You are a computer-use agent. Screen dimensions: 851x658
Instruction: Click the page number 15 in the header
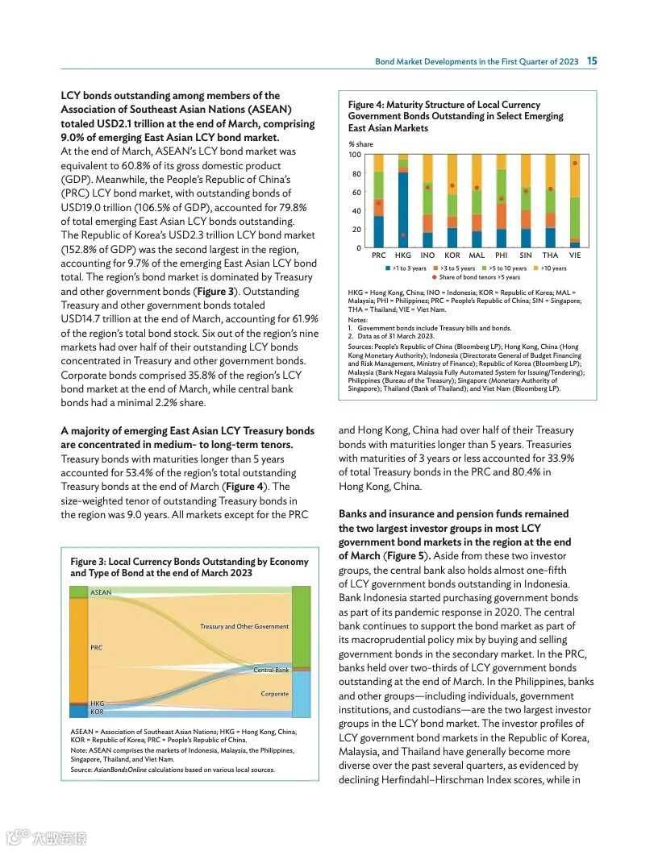pyautogui.click(x=592, y=61)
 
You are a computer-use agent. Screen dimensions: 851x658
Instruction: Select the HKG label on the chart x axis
pyautogui.click(x=403, y=255)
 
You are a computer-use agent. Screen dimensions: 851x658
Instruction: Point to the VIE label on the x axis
pyautogui.click(x=575, y=255)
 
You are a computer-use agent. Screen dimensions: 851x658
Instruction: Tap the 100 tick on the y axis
pyautogui.click(x=356, y=154)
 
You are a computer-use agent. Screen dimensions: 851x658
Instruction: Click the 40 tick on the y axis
pyautogui.click(x=356, y=211)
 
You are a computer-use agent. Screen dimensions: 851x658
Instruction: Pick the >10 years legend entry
pyautogui.click(x=551, y=268)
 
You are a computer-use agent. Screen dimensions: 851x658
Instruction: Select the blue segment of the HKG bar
pyautogui.click(x=403, y=210)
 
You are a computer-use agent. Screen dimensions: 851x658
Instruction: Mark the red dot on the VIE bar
pyautogui.click(x=575, y=163)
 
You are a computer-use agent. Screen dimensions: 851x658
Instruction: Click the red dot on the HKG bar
pyautogui.click(x=403, y=235)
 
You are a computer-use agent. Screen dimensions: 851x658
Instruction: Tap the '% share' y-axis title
pyautogui.click(x=360, y=143)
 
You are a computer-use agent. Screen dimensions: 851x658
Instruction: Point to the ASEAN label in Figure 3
pyautogui.click(x=101, y=592)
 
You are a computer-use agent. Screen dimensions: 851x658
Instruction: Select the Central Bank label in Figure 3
pyautogui.click(x=271, y=670)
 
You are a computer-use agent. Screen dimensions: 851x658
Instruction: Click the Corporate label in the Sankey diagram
pyautogui.click(x=274, y=694)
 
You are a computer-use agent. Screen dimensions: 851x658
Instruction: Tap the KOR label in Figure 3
pyautogui.click(x=97, y=712)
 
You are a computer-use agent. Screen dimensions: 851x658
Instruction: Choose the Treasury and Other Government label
pyautogui.click(x=244, y=626)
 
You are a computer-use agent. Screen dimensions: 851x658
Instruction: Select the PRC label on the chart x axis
pyautogui.click(x=378, y=255)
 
